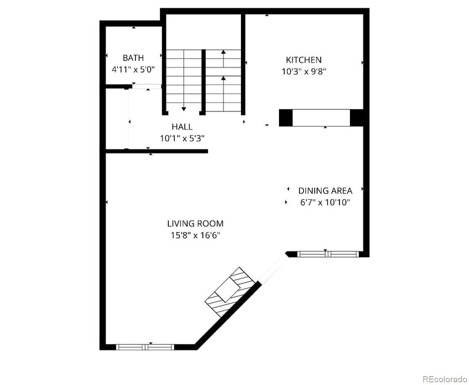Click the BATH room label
[133, 58]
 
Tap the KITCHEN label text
[303, 60]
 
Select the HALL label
[182, 127]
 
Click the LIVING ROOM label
[195, 223]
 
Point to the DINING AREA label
[325, 190]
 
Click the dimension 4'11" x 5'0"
[133, 69]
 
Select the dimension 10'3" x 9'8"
[303, 72]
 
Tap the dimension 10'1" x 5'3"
[182, 138]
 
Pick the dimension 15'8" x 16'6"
[195, 236]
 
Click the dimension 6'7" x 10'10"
[325, 203]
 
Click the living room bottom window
[145, 346]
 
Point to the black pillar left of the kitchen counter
[286, 118]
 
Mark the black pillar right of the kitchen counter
[357, 118]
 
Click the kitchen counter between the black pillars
[321, 118]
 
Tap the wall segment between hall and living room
[157, 151]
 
